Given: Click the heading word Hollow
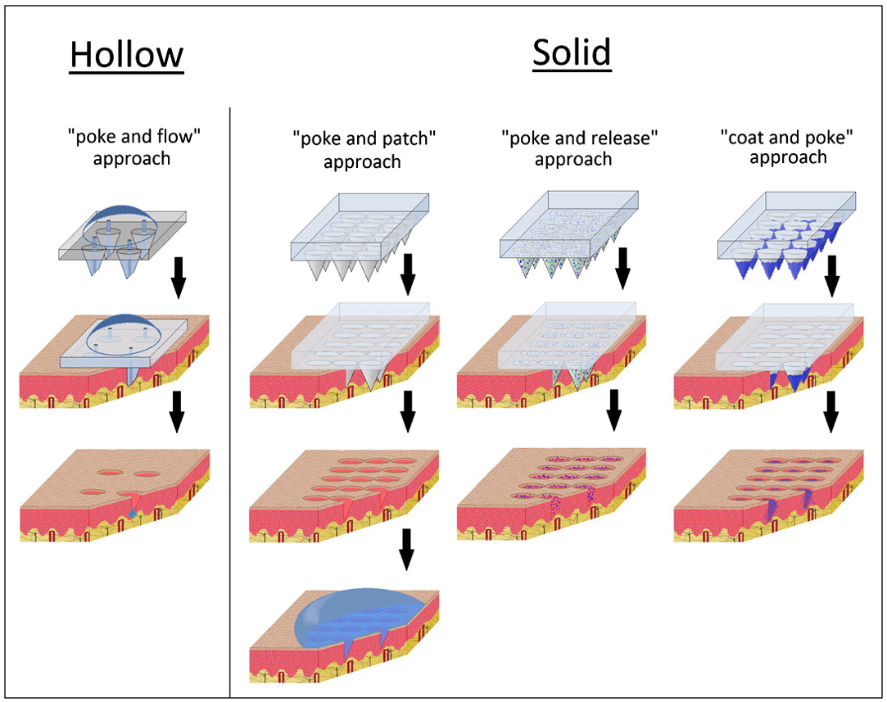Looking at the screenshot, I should [127, 55].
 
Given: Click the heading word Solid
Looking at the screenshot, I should [572, 52].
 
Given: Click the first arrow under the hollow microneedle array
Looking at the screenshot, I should [178, 279].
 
